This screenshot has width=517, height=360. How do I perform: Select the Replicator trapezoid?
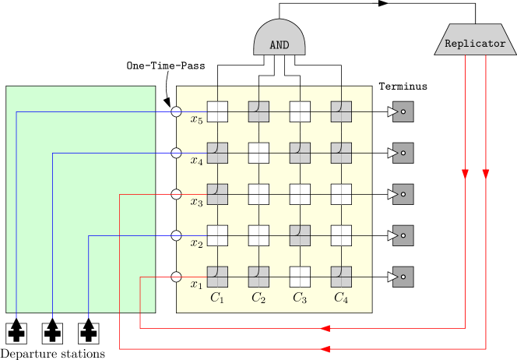pyautogui.click(x=475, y=41)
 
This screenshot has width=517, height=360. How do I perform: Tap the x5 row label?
pyautogui.click(x=196, y=120)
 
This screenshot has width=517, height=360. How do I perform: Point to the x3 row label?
pyautogui.click(x=196, y=203)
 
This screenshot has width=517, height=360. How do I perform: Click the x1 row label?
pyautogui.click(x=196, y=285)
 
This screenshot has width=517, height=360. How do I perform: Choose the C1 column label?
pyautogui.click(x=217, y=298)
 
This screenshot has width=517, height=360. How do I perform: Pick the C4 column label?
pyautogui.click(x=341, y=298)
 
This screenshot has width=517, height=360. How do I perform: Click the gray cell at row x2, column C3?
pyautogui.click(x=300, y=235)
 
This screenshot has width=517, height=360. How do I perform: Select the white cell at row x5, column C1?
pyautogui.click(x=217, y=111)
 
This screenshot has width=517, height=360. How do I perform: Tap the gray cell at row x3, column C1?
pyautogui.click(x=217, y=194)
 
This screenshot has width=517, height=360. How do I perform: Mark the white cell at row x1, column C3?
pyautogui.click(x=300, y=277)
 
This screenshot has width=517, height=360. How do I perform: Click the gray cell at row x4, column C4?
pyautogui.click(x=341, y=153)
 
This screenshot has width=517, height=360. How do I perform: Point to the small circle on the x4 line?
pyautogui.click(x=176, y=153)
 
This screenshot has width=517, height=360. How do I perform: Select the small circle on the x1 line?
pyautogui.click(x=176, y=277)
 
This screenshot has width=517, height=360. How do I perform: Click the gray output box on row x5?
pyautogui.click(x=403, y=111)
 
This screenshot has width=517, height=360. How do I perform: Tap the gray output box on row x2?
pyautogui.click(x=403, y=235)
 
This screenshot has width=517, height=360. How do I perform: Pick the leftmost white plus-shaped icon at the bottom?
pyautogui.click(x=16, y=333)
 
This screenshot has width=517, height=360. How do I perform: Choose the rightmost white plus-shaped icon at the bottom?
pyautogui.click(x=89, y=333)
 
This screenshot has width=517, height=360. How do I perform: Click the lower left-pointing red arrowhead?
pyautogui.click(x=325, y=350)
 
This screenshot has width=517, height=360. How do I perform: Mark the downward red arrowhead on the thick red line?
pyautogui.click(x=486, y=174)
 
